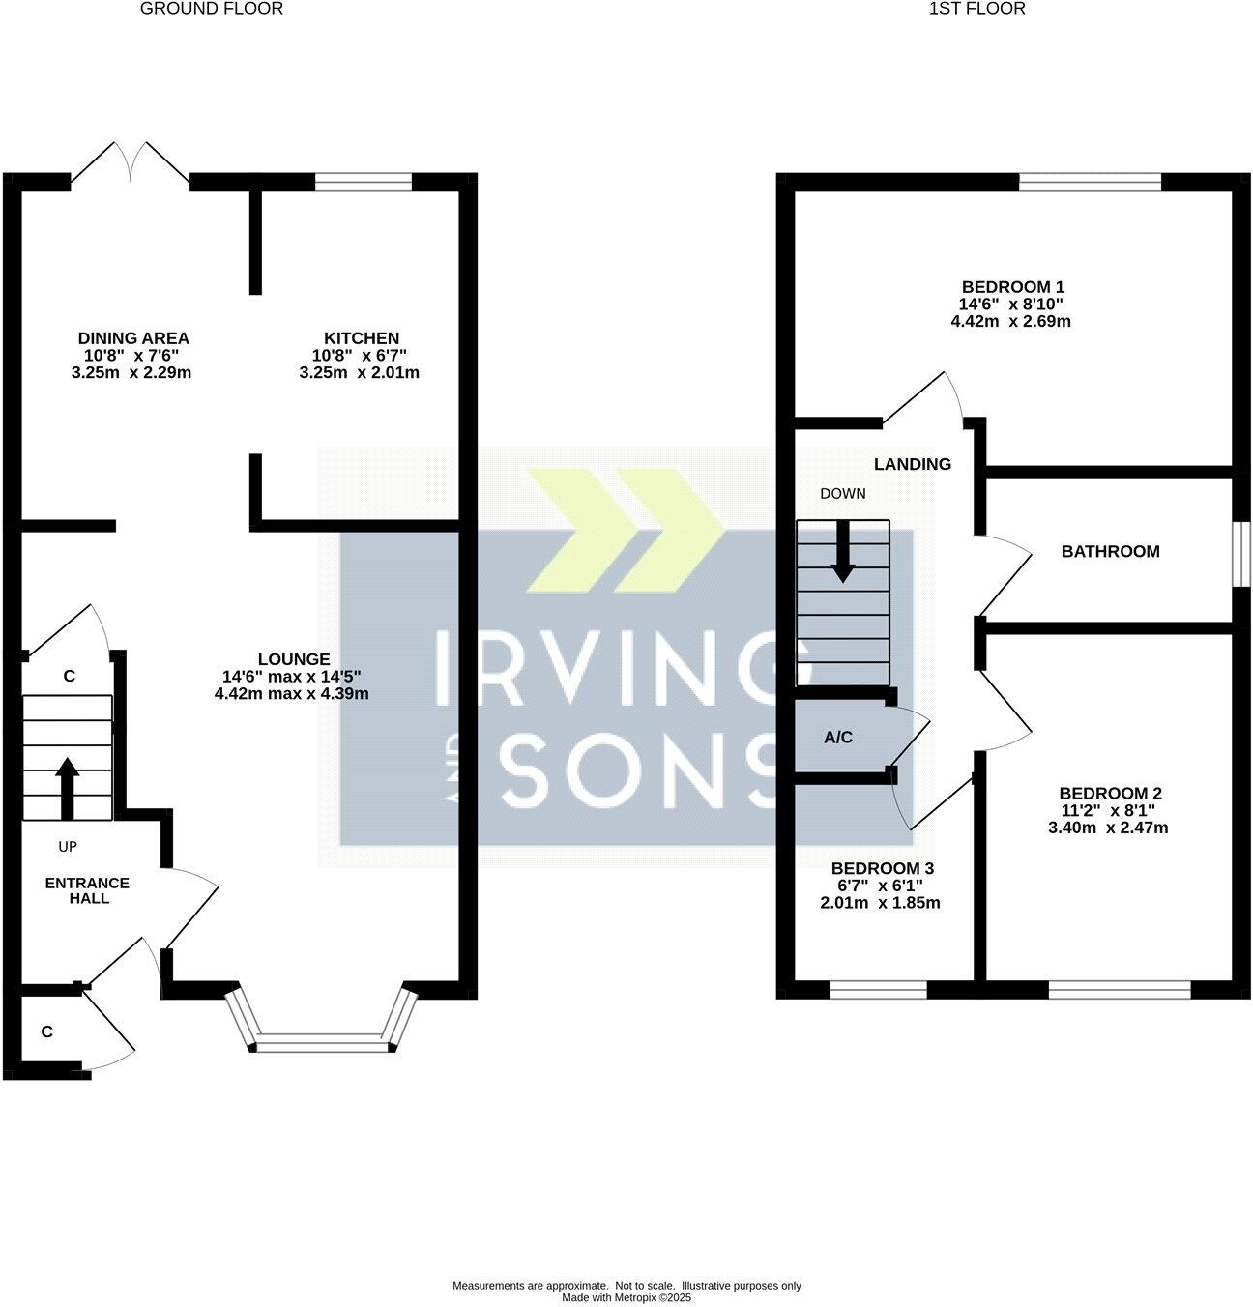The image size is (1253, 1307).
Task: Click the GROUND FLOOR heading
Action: click(x=212, y=9)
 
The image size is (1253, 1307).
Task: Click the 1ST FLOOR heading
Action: click(x=976, y=9)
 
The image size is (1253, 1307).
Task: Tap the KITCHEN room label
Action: click(x=361, y=338)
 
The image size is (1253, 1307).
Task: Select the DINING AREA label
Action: click(x=133, y=338)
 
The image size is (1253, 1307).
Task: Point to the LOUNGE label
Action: click(x=293, y=659)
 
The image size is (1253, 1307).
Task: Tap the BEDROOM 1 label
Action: click(x=1012, y=287)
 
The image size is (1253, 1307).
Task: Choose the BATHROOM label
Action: click(x=1110, y=552)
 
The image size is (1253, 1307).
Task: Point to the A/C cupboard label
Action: click(x=838, y=738)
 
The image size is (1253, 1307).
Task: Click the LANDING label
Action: click(x=912, y=464)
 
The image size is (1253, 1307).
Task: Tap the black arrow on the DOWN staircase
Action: click(x=843, y=552)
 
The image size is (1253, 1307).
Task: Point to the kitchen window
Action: click(x=364, y=181)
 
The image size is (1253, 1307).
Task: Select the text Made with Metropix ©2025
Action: click(x=626, y=1298)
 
